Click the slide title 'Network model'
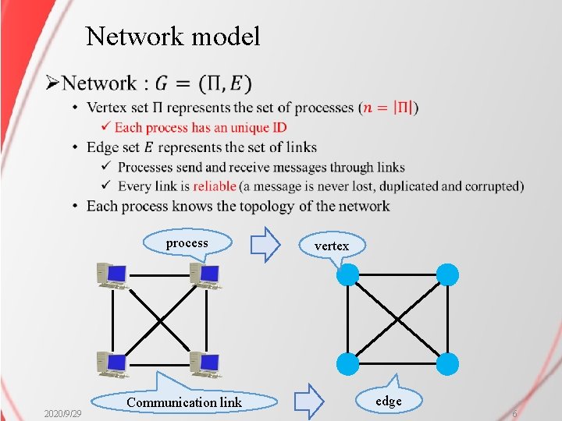pyautogui.click(x=173, y=36)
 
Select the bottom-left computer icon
pyautogui.click(x=112, y=364)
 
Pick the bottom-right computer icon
pyautogui.click(x=206, y=364)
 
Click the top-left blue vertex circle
pyautogui.click(x=348, y=274)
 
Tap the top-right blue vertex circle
pyautogui.click(x=448, y=274)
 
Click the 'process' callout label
pyautogui.click(x=187, y=243)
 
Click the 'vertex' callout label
pyautogui.click(x=332, y=246)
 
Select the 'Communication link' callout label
pyautogui.click(x=184, y=402)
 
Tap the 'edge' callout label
pyautogui.click(x=389, y=401)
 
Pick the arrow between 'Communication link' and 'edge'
pyautogui.click(x=310, y=401)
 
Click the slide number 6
pyautogui.click(x=514, y=412)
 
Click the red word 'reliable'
pyautogui.click(x=215, y=186)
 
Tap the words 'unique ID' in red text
pyautogui.click(x=259, y=127)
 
